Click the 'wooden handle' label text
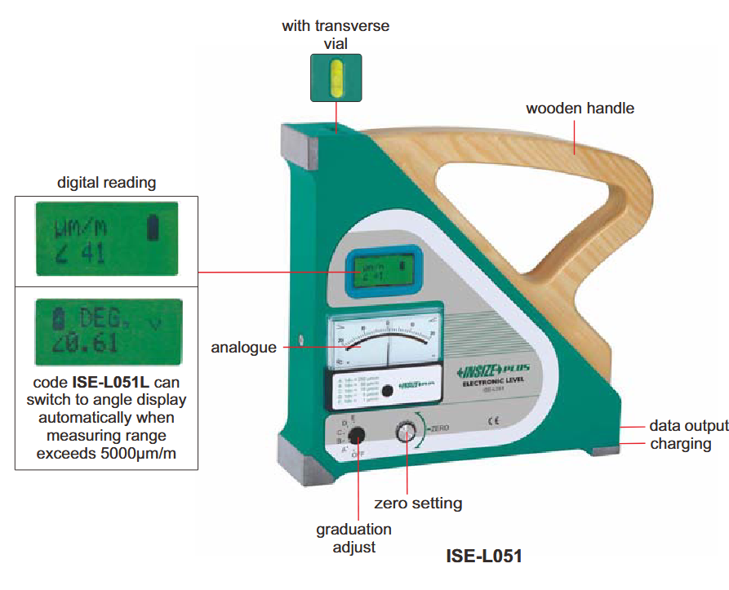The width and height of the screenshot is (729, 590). [x=580, y=109]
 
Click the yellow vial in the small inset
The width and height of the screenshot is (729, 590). [x=336, y=78]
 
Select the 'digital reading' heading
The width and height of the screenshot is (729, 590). [x=106, y=183]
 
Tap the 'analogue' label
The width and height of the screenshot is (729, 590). [x=243, y=348]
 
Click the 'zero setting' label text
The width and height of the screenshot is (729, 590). [x=418, y=503]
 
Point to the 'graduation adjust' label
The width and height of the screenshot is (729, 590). [x=353, y=538]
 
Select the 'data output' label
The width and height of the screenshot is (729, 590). [x=688, y=426]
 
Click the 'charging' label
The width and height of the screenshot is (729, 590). [x=680, y=444]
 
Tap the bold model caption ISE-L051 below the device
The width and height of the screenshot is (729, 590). [x=484, y=557]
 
